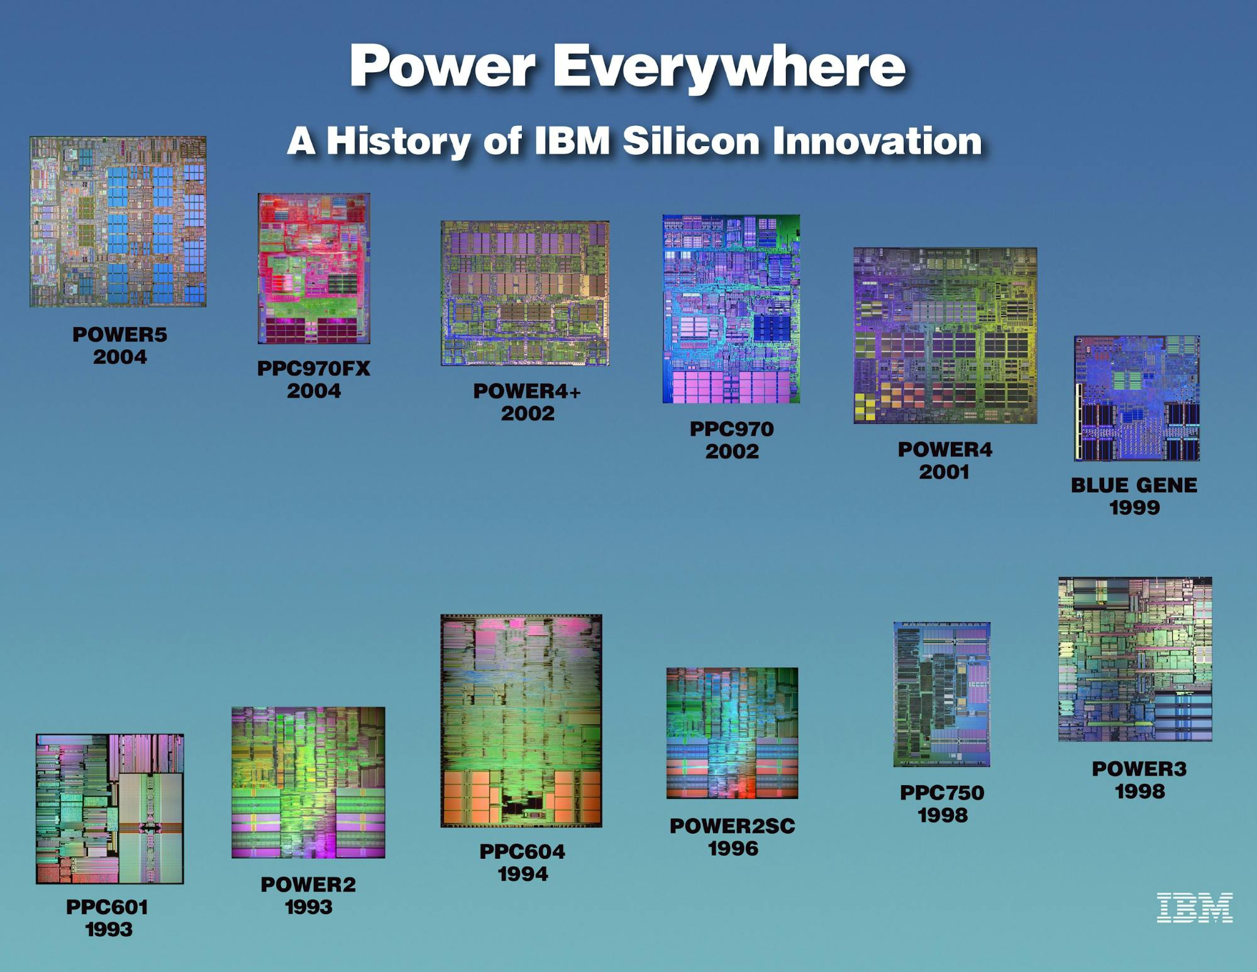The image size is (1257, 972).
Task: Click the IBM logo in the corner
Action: pyautogui.click(x=1194, y=907)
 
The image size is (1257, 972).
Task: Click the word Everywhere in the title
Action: pyautogui.click(x=729, y=67)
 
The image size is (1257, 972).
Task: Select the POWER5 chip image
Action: pyautogui.click(x=118, y=221)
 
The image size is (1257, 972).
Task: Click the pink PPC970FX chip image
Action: pyautogui.click(x=314, y=269)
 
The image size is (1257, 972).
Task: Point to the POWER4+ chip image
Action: pyautogui.click(x=525, y=293)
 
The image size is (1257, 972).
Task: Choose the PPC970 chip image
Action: pyautogui.click(x=731, y=309)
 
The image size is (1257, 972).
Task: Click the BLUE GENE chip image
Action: pyautogui.click(x=1137, y=398)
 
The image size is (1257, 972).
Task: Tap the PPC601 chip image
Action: pyautogui.click(x=110, y=809)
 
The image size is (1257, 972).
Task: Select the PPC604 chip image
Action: pyautogui.click(x=521, y=721)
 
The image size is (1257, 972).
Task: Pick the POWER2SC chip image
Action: pyautogui.click(x=732, y=733)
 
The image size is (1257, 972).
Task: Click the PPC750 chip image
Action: pyautogui.click(x=942, y=695)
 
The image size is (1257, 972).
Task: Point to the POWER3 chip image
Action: pyautogui.click(x=1135, y=659)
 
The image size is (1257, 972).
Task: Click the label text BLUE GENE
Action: pyautogui.click(x=1134, y=485)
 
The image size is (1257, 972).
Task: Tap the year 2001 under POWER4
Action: pyautogui.click(x=944, y=472)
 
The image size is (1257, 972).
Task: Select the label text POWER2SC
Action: pyautogui.click(x=733, y=826)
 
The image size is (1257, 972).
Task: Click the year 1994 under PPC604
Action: pyautogui.click(x=523, y=874)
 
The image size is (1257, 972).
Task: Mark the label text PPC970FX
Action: pyautogui.click(x=314, y=368)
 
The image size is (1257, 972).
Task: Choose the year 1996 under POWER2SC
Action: pyautogui.click(x=733, y=849)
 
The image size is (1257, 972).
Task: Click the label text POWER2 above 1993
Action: pyautogui.click(x=308, y=885)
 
